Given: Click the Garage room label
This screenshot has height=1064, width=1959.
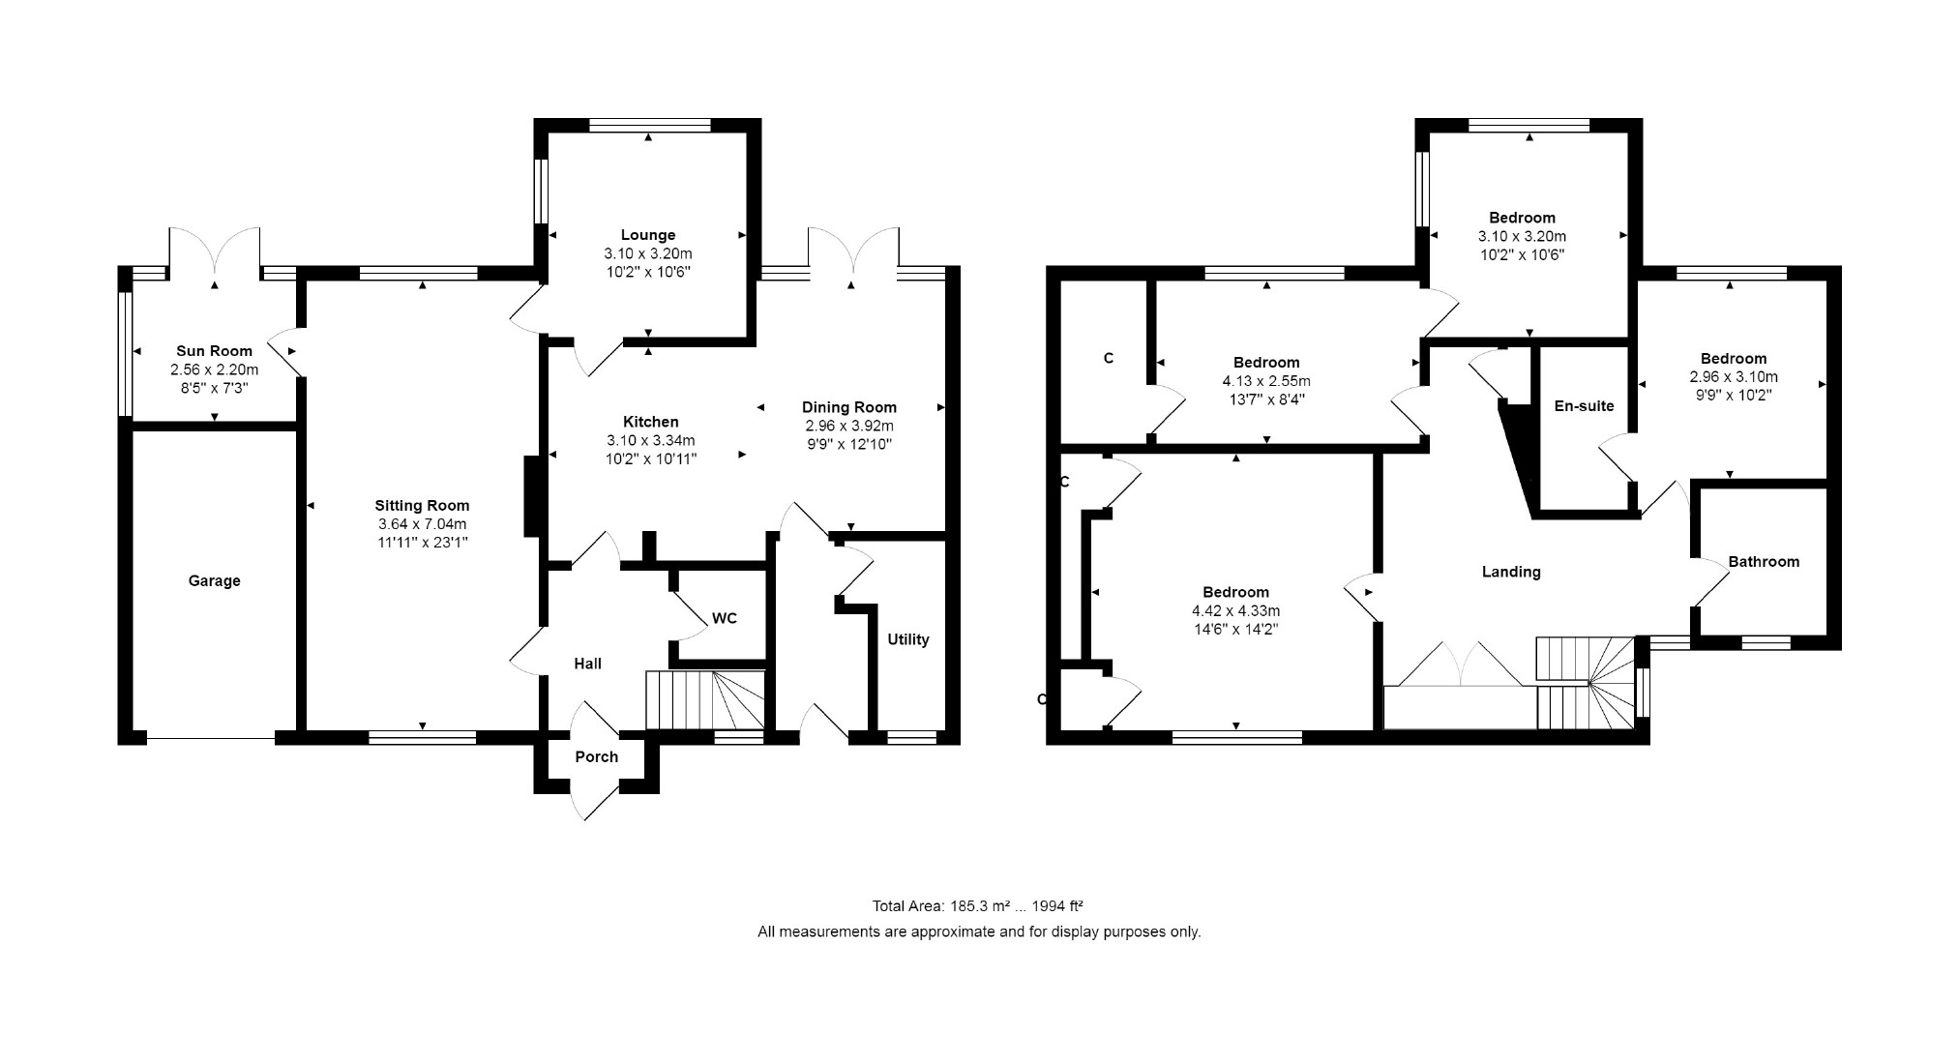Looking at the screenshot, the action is pyautogui.click(x=214, y=580).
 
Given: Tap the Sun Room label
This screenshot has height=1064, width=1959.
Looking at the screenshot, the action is pyautogui.click(x=214, y=351).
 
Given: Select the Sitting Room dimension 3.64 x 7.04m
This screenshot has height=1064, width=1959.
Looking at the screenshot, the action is pyautogui.click(x=422, y=524).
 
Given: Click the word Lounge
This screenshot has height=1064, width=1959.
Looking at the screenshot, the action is pyautogui.click(x=648, y=235).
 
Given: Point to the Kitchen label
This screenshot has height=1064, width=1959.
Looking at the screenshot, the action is pyautogui.click(x=650, y=422).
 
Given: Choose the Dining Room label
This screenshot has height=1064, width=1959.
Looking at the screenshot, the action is pyautogui.click(x=849, y=407).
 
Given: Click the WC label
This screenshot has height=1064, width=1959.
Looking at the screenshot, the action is pyautogui.click(x=725, y=618).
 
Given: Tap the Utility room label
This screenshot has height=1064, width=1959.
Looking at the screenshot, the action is pyautogui.click(x=908, y=639).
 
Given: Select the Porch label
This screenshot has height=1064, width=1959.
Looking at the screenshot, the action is pyautogui.click(x=596, y=756).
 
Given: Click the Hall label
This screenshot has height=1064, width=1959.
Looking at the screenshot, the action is pyautogui.click(x=587, y=664).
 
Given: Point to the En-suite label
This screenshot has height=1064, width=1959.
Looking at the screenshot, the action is pyautogui.click(x=1584, y=406).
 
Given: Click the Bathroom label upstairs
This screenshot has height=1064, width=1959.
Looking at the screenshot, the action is pyautogui.click(x=1764, y=562).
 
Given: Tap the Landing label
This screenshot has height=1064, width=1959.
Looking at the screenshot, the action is pyautogui.click(x=1511, y=572).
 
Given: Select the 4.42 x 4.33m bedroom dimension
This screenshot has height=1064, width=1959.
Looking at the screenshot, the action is pyautogui.click(x=1235, y=611).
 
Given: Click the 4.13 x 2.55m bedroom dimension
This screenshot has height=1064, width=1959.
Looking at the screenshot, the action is pyautogui.click(x=1266, y=381).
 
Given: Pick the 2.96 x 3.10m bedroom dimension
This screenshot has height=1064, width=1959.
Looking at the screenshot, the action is pyautogui.click(x=1734, y=377).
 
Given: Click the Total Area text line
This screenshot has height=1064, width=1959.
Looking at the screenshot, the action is pyautogui.click(x=977, y=906).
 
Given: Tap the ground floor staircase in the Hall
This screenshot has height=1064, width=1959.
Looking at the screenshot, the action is pyautogui.click(x=705, y=699).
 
